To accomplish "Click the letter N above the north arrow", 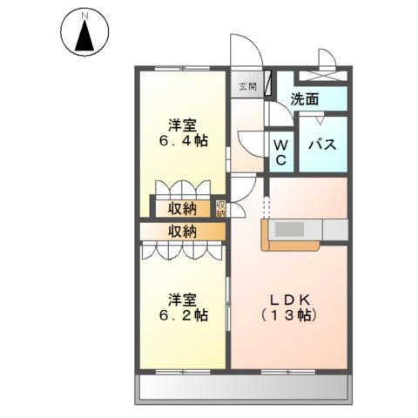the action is tap(84, 17).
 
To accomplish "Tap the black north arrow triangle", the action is tap(84, 37).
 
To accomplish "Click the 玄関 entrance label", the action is tap(247, 86).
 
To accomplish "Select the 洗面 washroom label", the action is tap(305, 99).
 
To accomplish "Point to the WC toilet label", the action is tap(280, 152).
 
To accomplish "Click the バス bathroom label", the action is tap(322, 145).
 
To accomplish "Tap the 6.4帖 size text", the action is tap(183, 141).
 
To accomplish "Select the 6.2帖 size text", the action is tap(183, 314).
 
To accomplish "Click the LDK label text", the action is tap(290, 300).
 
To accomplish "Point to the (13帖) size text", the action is tap(288, 315).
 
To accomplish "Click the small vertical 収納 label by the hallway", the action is tap(220, 209).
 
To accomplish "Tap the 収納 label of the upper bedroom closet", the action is tap(183, 209).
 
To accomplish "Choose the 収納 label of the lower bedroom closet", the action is tap(183, 232).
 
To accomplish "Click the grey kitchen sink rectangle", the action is tap(289, 229).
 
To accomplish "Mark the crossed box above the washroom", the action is tap(323, 76).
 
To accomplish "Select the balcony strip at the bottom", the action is tap(244, 387).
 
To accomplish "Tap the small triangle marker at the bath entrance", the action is tap(320, 121).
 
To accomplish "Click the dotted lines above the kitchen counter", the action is tap(266, 207).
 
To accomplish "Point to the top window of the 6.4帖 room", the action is tap(183, 69).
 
